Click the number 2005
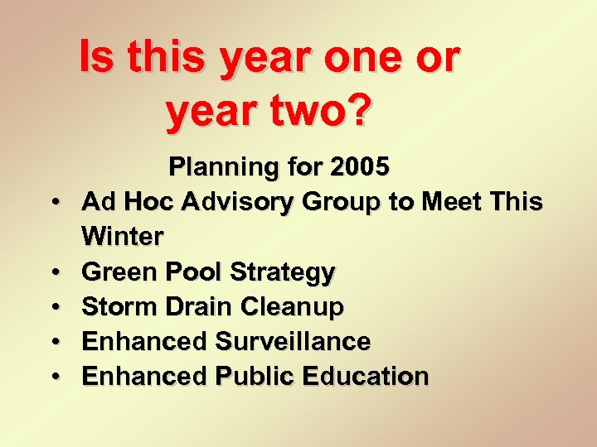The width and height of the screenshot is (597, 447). (358, 167)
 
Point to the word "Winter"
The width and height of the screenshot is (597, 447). (123, 237)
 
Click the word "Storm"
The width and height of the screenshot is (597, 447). (117, 307)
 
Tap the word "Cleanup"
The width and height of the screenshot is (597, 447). (292, 308)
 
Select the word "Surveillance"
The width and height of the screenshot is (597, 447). (293, 341)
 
